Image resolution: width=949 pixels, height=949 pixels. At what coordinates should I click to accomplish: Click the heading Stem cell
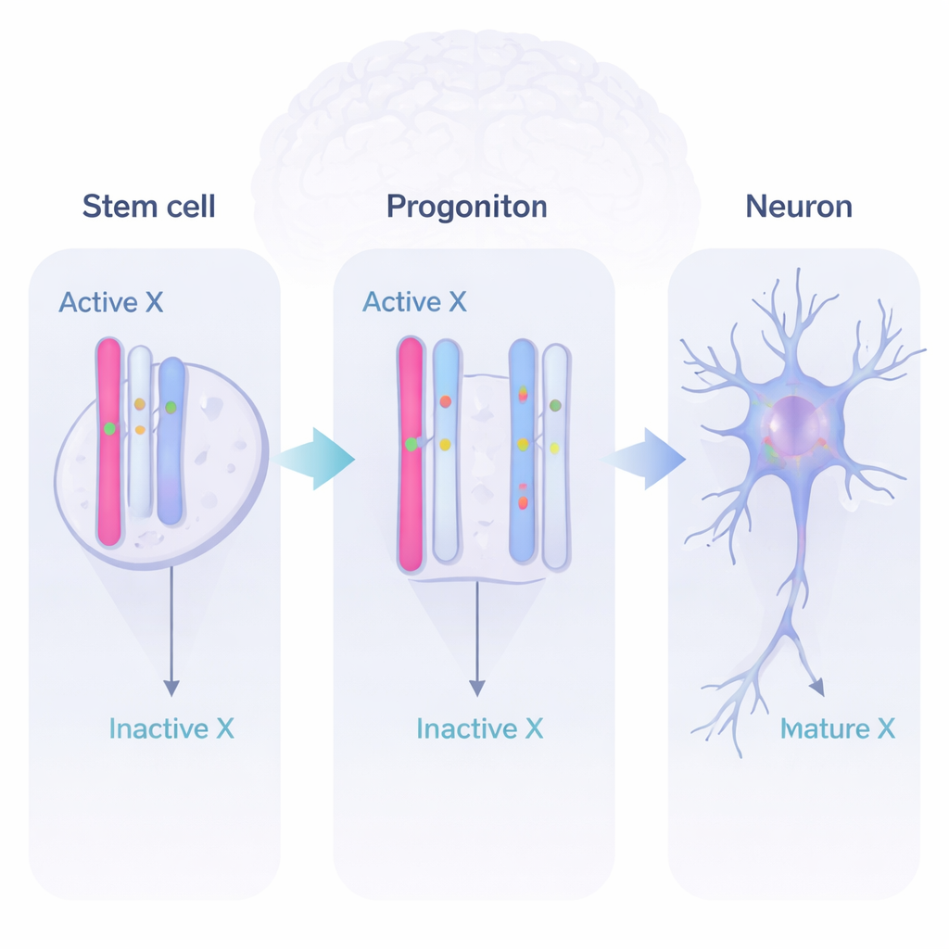point(148,205)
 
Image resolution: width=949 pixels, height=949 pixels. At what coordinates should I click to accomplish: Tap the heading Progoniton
point(466,205)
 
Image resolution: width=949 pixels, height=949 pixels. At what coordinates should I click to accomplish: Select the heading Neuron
point(798,205)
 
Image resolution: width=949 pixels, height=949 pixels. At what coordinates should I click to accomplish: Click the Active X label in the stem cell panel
point(110,302)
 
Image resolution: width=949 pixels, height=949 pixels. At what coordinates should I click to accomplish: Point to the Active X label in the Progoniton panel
point(414,302)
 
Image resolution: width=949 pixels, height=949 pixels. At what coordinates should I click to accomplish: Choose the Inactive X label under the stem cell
point(171,728)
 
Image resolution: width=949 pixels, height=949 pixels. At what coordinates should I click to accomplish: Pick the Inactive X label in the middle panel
point(479,728)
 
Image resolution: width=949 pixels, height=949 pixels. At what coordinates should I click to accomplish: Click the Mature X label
point(838,728)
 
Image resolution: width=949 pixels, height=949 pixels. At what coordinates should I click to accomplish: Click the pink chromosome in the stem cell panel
point(108,441)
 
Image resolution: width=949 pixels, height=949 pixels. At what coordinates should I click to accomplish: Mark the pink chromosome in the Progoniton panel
point(410,454)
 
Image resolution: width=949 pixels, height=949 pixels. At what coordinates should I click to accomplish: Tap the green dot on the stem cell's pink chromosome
point(109,428)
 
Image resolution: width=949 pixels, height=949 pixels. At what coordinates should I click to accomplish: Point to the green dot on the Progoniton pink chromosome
point(411,445)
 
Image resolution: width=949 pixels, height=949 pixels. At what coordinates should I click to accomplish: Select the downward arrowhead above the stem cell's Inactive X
point(171,688)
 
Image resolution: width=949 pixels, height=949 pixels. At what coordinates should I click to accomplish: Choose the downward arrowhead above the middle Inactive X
point(476,688)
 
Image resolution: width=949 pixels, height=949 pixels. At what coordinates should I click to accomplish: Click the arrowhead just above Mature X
point(816,688)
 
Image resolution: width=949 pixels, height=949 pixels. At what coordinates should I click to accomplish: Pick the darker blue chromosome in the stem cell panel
point(171,440)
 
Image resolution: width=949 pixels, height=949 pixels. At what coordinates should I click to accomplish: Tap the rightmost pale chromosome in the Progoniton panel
point(555,456)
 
